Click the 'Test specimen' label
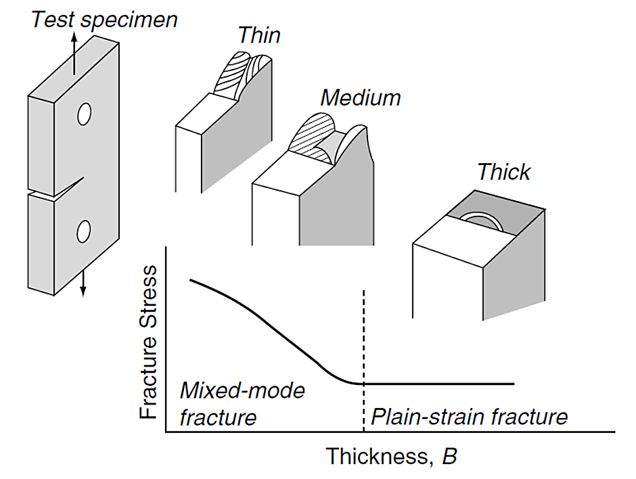tap(105, 20)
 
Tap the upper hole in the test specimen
tap(84, 114)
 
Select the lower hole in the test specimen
tap(83, 231)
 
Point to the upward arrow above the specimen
tap(74, 53)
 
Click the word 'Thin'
tap(259, 35)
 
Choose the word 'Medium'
tap(360, 97)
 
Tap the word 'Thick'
tap(504, 172)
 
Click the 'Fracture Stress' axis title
tap(147, 342)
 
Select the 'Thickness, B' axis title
tap(392, 456)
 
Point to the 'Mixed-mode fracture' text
tap(242, 404)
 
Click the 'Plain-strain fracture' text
tap(470, 417)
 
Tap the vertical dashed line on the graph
tap(364, 361)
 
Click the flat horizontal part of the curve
tap(439, 384)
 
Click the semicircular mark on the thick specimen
tap(482, 221)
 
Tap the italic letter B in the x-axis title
tap(449, 456)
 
